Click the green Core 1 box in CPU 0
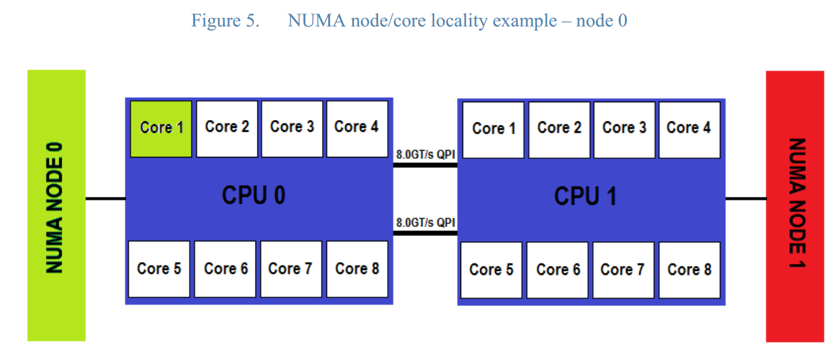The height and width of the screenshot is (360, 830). pos(161,128)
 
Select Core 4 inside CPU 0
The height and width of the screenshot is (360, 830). pos(357,127)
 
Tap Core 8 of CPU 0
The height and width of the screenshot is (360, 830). pos(357,269)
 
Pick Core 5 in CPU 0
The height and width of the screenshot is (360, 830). pos(159,269)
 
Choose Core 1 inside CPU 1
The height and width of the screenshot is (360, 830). pos(494,129)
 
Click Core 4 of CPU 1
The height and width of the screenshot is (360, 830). pos(689,129)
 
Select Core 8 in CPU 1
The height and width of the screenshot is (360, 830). pos(689,270)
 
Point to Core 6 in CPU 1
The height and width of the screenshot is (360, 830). pos(558,270)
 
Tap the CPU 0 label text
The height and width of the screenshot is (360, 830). pos(253,196)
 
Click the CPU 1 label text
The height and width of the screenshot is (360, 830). pos(585,196)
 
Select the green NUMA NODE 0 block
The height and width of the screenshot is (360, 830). pos(56,205)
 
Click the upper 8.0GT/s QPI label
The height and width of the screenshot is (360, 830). pos(425,154)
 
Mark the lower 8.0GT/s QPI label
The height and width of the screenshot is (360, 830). pos(425,222)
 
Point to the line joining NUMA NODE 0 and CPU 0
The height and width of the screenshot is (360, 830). pos(105,199)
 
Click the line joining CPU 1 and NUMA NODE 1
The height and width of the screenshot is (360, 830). pos(746,199)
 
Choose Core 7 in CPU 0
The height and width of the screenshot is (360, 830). pos(291,269)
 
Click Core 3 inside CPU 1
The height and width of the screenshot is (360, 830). pos(624,129)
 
